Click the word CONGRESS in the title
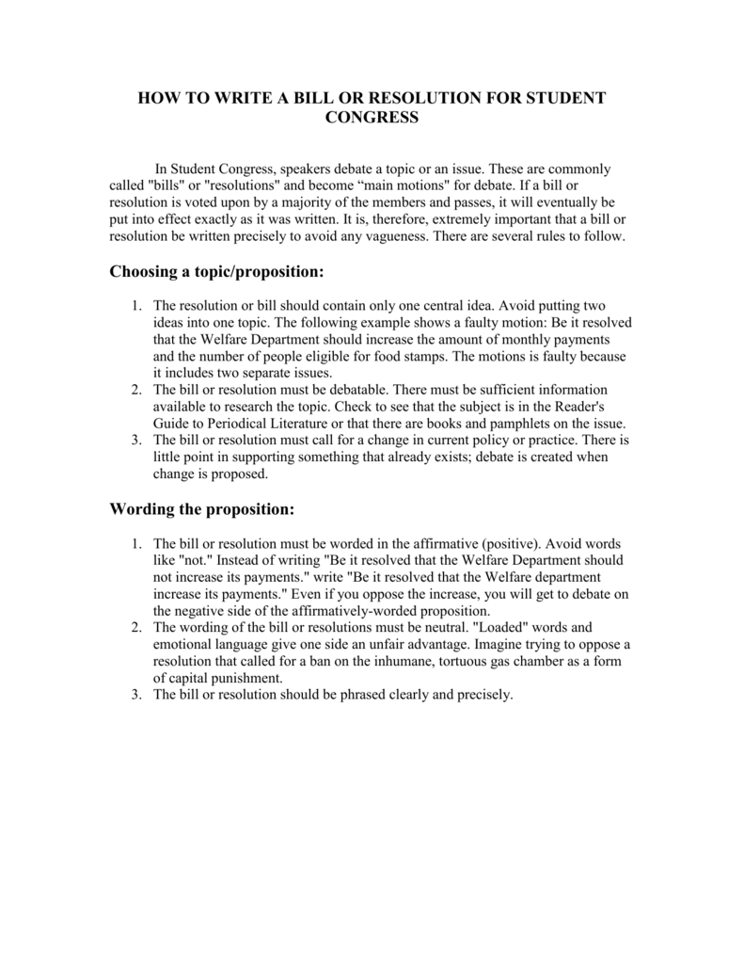(372, 117)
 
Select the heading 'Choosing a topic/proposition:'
(216, 271)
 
